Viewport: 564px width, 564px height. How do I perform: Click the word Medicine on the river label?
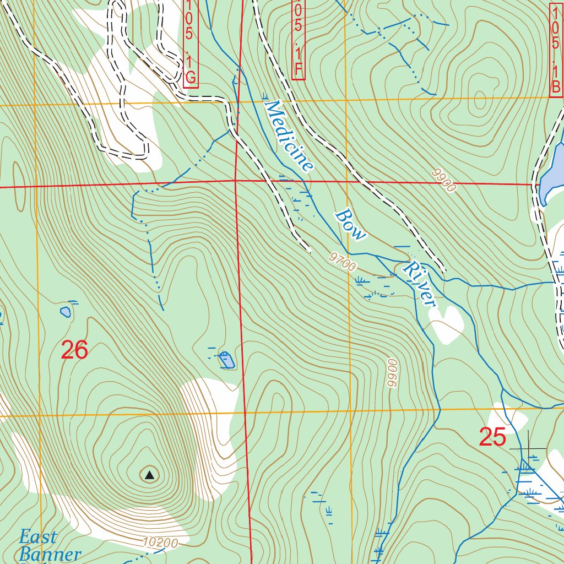289,135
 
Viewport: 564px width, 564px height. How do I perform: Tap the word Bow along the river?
351,224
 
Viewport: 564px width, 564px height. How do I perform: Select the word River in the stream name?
419,284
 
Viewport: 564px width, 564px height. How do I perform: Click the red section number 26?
74,350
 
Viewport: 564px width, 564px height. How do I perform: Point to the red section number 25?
492,437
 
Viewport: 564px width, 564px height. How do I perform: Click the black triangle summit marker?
149,474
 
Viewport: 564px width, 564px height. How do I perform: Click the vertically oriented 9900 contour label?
392,373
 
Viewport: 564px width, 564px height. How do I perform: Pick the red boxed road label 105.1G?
190,43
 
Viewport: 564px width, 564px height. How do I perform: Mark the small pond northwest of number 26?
66,312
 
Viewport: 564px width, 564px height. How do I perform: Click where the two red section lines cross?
235,180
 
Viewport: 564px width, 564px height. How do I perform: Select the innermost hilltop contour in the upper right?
480,101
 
